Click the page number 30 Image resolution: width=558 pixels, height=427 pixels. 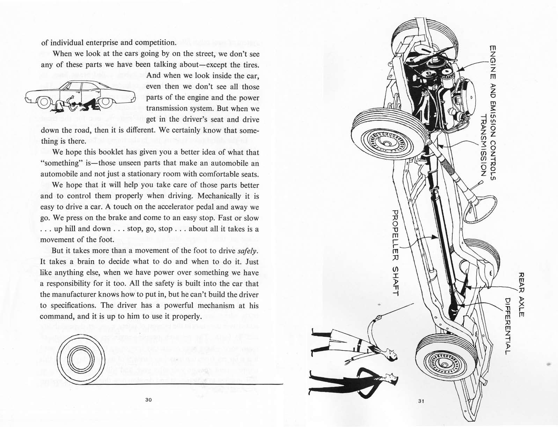tap(148, 400)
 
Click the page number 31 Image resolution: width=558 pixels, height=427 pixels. tap(421, 401)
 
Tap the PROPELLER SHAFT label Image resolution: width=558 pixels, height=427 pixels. tap(395, 253)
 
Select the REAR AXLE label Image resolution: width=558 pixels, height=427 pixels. tap(521, 295)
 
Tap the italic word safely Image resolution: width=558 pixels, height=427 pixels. tap(248, 251)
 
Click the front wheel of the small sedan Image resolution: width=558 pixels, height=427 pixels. tap(44, 102)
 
